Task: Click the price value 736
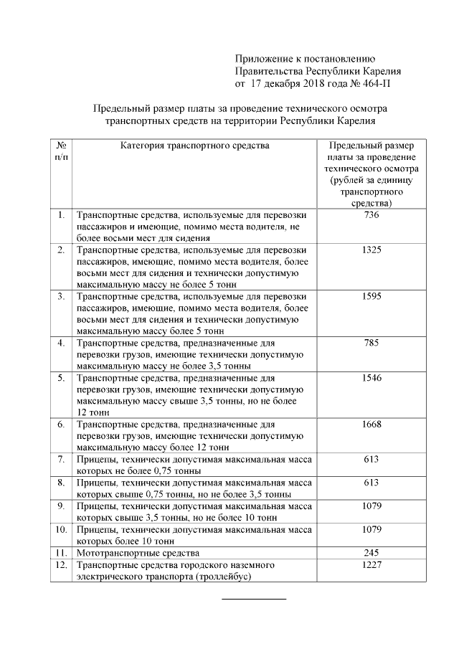(371, 215)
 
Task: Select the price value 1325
(371, 250)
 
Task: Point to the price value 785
(371, 343)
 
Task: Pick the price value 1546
(371, 378)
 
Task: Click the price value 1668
(371, 425)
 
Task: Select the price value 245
(371, 553)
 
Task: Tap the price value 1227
(371, 565)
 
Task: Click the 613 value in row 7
(371, 460)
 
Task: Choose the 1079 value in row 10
(371, 529)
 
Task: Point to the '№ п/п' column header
(61, 151)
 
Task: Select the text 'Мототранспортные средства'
(138, 553)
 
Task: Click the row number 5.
(61, 378)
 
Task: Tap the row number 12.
(61, 565)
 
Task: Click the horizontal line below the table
(253, 598)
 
